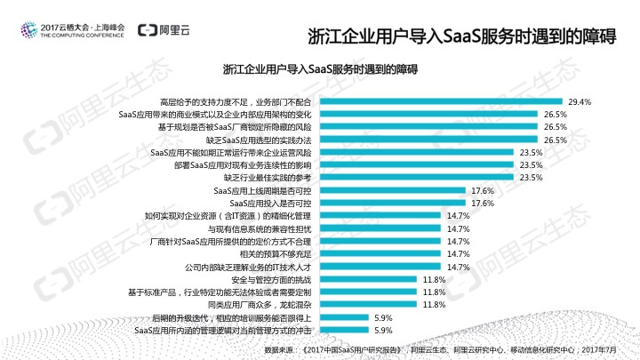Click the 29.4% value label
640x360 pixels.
[580, 101]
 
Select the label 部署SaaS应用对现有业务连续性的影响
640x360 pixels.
[242, 165]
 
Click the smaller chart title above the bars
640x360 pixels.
[319, 68]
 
